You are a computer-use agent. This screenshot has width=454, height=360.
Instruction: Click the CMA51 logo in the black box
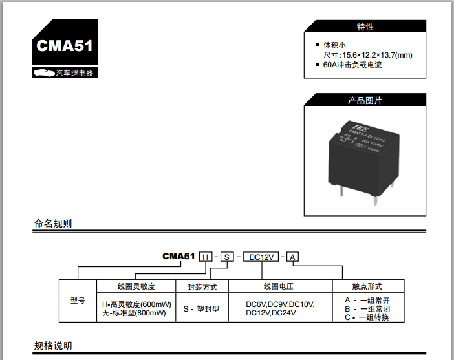(x=65, y=46)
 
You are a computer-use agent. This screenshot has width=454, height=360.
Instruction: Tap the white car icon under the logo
(x=44, y=73)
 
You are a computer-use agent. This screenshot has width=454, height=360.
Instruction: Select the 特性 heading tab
(x=365, y=27)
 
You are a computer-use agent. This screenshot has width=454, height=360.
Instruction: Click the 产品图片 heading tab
(x=365, y=101)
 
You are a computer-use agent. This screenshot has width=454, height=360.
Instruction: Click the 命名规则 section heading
(x=53, y=224)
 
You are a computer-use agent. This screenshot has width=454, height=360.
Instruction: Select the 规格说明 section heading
(x=53, y=345)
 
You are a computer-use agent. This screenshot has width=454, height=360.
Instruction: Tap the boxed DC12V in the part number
(x=262, y=257)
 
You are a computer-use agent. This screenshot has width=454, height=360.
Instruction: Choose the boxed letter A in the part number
(x=293, y=257)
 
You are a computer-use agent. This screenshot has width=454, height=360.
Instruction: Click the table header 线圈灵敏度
(x=136, y=286)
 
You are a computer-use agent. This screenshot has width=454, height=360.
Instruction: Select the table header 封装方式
(x=202, y=286)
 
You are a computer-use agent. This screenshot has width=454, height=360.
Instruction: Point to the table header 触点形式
(x=367, y=286)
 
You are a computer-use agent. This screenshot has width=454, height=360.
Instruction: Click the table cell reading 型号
(x=78, y=301)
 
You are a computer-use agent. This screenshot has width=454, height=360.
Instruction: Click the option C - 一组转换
(x=367, y=317)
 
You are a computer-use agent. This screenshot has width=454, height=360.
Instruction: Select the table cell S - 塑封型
(x=201, y=309)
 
